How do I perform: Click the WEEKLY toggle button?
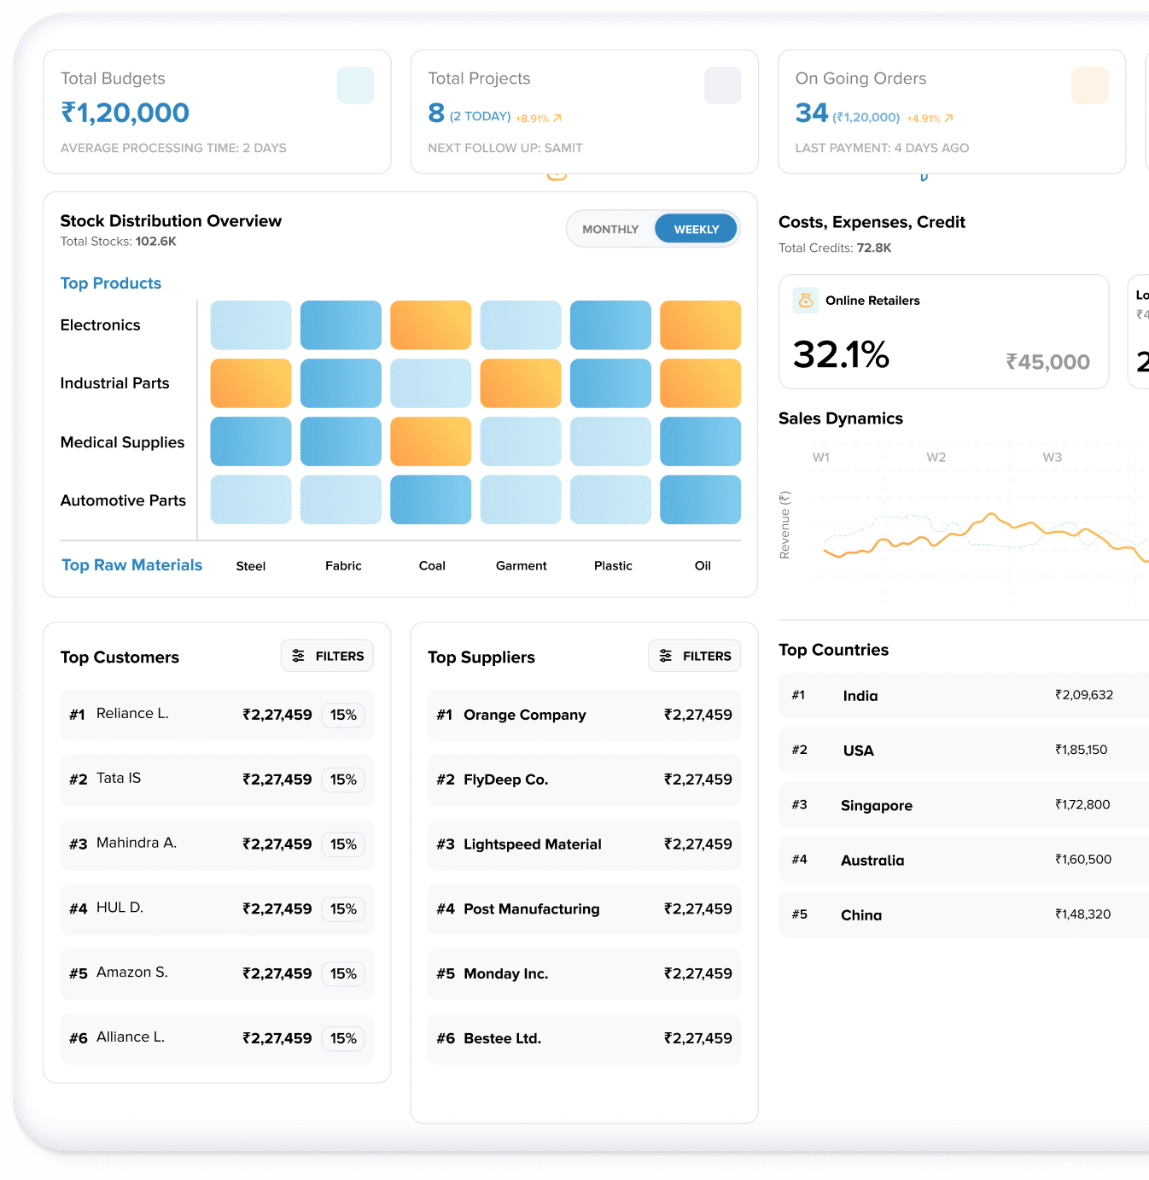pos(696,229)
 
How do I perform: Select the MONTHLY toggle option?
pos(610,229)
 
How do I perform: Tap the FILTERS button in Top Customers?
pos(328,656)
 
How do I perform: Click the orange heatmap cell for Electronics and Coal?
pos(430,325)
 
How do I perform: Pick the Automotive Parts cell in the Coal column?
pos(430,499)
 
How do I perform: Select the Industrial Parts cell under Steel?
pos(251,383)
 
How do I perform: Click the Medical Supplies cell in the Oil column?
pos(700,441)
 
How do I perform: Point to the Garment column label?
pos(521,565)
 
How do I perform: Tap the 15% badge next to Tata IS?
pos(343,780)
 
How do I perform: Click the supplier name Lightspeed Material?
pos(532,844)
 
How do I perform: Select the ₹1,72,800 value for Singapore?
pos(1082,804)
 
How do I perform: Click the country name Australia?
pos(872,860)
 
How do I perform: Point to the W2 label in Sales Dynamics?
pos(936,457)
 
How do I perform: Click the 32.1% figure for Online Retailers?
pos(841,354)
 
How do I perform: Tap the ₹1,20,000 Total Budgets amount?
pos(125,113)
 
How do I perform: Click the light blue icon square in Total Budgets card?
pos(355,85)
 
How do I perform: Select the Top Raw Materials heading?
pos(131,565)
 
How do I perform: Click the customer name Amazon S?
pos(132,973)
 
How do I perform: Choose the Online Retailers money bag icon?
pos(805,301)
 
